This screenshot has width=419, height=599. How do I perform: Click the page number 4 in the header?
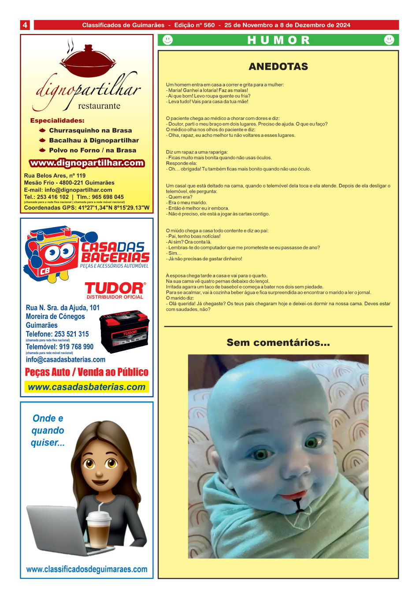tap(25, 25)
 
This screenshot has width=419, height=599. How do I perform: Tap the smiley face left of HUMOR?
tap(167, 40)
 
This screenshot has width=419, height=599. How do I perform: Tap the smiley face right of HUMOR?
tap(389, 40)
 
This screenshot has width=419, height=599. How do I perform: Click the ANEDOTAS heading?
tap(278, 67)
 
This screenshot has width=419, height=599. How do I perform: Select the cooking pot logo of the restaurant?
tap(88, 61)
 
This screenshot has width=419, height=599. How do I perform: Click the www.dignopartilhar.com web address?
tap(87, 163)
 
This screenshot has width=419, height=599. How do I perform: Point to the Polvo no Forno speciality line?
tap(92, 150)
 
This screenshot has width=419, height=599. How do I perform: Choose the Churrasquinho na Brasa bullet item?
tap(90, 131)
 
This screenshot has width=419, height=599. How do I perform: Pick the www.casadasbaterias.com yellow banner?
tap(86, 387)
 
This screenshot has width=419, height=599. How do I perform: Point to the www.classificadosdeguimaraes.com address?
tap(87, 569)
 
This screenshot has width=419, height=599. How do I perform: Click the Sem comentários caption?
tap(278, 343)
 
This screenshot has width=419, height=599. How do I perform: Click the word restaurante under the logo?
tap(99, 106)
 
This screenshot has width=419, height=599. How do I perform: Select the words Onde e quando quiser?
tap(48, 430)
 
